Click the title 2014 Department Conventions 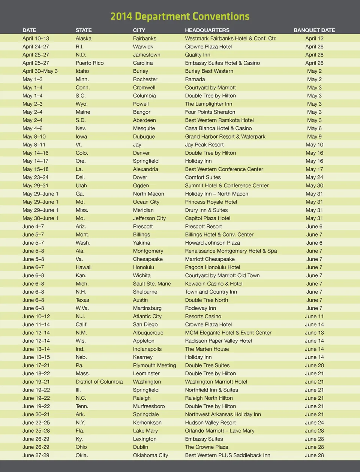(x=180, y=16)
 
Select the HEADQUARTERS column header (x=207, y=30)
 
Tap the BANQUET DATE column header (x=314, y=30)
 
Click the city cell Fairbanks (x=144, y=38)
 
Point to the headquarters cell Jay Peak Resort (x=204, y=145)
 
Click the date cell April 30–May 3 (x=40, y=71)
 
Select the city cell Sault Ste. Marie (x=151, y=284)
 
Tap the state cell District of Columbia (x=99, y=382)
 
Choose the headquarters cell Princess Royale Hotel (x=211, y=202)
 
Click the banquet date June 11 (x=314, y=316)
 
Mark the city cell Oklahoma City (x=150, y=455)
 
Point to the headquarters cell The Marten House (x=207, y=349)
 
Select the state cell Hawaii (x=83, y=267)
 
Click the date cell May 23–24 (x=35, y=177)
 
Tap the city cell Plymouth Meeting (x=154, y=365)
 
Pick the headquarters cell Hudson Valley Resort (x=210, y=423)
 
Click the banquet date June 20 (x=314, y=365)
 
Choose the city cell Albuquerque (x=148, y=333)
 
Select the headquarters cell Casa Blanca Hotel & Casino (x=218, y=128)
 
